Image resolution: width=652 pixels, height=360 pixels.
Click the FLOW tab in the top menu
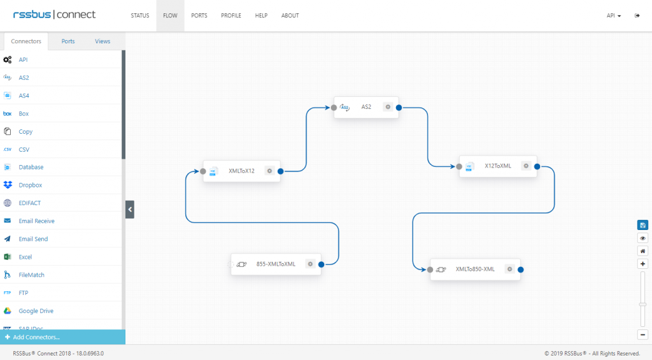tap(170, 15)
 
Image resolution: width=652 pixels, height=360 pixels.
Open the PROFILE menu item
tap(230, 15)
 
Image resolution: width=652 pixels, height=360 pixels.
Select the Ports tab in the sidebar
tap(67, 41)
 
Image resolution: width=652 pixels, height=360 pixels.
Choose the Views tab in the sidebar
tap(103, 41)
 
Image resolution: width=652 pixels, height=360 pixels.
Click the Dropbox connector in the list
tap(31, 185)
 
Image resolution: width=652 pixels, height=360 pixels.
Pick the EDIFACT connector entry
tap(29, 203)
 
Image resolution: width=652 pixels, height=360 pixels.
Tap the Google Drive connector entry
tap(36, 310)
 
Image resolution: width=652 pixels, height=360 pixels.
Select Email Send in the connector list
tap(33, 239)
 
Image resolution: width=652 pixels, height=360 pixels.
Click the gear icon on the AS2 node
tap(388, 107)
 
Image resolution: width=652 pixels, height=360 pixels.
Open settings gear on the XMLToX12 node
tap(269, 171)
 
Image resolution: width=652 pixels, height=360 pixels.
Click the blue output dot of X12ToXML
tap(537, 166)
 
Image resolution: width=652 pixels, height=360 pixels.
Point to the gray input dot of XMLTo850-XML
tap(430, 270)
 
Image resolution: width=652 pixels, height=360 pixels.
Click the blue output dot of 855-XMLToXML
tap(321, 264)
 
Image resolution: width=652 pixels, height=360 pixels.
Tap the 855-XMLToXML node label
tap(276, 264)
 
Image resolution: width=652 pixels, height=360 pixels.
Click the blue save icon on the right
tap(642, 225)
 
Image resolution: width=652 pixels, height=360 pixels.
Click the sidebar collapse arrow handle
tap(130, 210)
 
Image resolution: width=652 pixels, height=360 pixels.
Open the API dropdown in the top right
tap(613, 15)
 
